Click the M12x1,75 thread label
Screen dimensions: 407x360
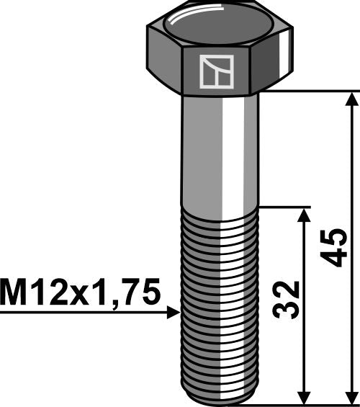pyautogui.click(x=80, y=293)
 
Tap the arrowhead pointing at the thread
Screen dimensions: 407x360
pyautogui.click(x=172, y=313)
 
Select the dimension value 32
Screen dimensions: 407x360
pyautogui.click(x=287, y=299)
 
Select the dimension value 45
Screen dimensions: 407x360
pyautogui.click(x=333, y=249)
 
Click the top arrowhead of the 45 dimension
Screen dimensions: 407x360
pyautogui.click(x=351, y=100)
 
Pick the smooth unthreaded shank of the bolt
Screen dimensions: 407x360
pyautogui.click(x=220, y=151)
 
